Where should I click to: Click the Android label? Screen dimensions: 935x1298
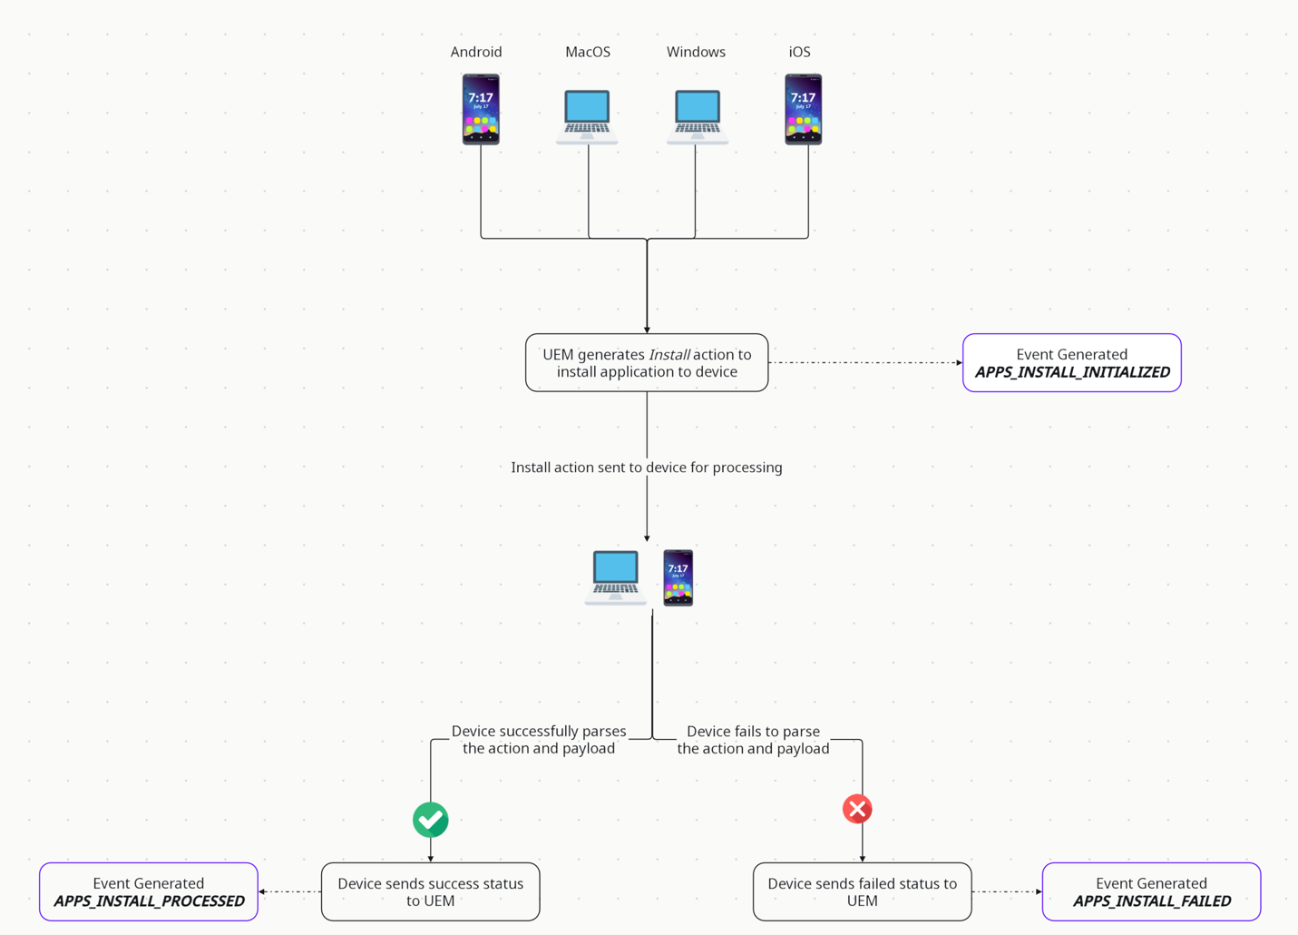476,52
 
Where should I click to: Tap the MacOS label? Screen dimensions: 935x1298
588,52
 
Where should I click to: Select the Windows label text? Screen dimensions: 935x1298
696,52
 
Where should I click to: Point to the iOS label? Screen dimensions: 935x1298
799,52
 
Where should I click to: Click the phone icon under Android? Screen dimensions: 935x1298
481,109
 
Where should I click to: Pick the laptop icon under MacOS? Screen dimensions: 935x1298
588,116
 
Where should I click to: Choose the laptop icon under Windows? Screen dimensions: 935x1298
697,116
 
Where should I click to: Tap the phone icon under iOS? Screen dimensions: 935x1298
803,109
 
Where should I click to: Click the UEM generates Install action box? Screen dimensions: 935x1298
647,363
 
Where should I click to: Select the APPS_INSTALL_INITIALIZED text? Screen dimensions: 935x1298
1072,372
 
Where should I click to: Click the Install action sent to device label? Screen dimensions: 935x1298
647,467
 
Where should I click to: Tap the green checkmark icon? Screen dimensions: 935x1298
431,820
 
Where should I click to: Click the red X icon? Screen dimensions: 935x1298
857,809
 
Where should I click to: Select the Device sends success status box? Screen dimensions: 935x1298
431,891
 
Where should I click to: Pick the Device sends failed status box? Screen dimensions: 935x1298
862,891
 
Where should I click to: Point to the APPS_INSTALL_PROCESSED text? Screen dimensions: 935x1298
149,901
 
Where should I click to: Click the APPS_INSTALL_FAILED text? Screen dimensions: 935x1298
1152,901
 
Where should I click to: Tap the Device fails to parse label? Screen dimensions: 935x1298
753,740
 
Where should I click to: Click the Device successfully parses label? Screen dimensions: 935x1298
539,740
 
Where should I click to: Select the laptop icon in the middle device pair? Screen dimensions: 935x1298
616,576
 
